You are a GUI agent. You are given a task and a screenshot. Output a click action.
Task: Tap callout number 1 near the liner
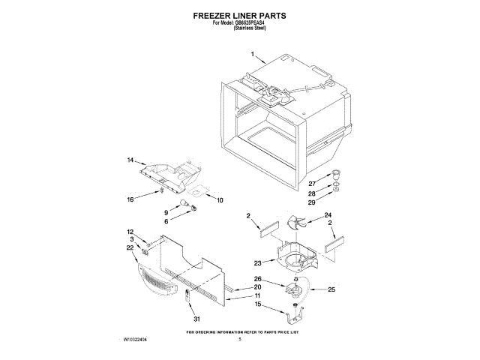253,55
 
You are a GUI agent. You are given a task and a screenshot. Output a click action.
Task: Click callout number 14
130,160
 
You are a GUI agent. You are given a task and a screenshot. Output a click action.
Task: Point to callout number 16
130,199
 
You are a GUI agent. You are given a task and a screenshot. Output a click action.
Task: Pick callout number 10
220,201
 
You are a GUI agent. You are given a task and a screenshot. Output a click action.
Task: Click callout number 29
312,202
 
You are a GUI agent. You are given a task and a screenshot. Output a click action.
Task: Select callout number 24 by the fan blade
327,216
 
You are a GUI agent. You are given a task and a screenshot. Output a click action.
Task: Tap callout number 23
257,262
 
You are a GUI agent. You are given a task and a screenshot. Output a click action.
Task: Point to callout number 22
130,247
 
